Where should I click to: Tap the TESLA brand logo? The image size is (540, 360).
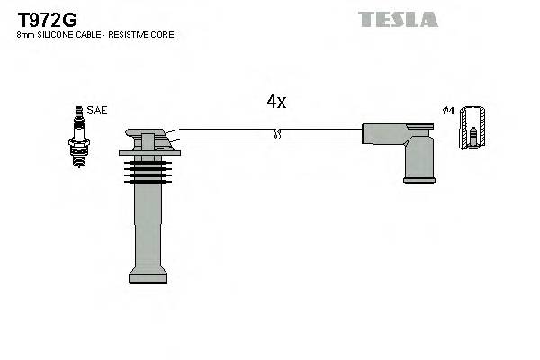[x=398, y=19]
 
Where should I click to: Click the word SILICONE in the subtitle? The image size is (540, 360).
[x=56, y=35]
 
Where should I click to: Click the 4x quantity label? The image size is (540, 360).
[x=276, y=102]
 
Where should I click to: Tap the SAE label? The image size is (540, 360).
[x=97, y=111]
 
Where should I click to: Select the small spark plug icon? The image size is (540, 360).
[x=78, y=136]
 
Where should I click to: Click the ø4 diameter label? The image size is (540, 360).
[x=447, y=111]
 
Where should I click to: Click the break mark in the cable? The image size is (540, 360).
[x=277, y=134]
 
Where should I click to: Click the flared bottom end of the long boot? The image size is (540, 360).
[x=148, y=274]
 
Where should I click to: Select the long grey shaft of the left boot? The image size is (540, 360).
[x=148, y=225]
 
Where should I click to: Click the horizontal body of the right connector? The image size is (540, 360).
[x=387, y=134]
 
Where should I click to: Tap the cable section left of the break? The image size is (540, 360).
[x=225, y=134]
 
